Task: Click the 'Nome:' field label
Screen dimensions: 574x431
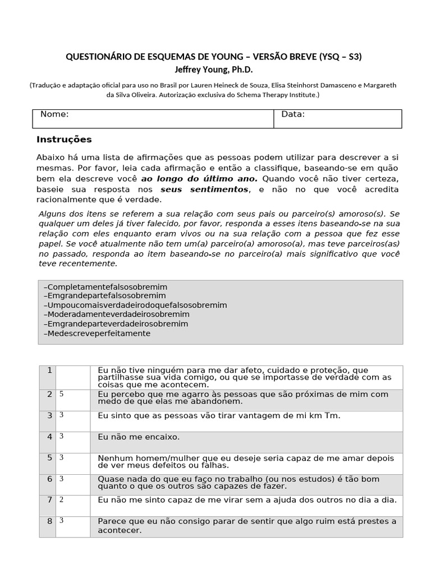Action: tap(54, 114)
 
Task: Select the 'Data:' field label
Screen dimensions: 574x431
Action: tap(293, 114)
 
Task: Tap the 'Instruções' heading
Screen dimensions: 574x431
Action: tap(64, 140)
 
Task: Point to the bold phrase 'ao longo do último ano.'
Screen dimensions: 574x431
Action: tap(199, 179)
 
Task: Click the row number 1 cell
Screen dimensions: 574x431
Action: tap(49, 371)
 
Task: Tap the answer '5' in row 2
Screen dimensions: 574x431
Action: tap(61, 394)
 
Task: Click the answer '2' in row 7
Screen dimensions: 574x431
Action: tap(61, 499)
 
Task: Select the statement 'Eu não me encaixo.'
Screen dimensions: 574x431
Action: tap(139, 437)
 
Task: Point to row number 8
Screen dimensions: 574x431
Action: tap(49, 521)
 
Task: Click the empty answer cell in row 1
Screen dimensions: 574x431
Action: tap(73, 377)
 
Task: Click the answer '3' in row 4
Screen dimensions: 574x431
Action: tap(61, 436)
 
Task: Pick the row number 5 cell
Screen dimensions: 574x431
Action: tap(49, 457)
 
